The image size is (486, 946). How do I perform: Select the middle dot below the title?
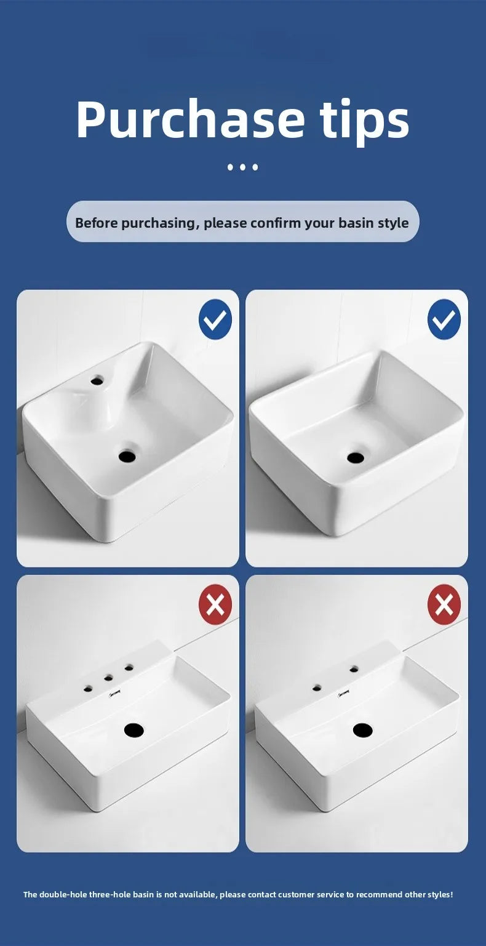[x=242, y=167]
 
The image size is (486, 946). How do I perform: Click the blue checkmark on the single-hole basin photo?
[x=215, y=319]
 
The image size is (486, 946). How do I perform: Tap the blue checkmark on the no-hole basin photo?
[x=444, y=319]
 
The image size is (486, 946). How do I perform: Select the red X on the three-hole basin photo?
[x=215, y=604]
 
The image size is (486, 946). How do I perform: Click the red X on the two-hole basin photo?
[x=444, y=604]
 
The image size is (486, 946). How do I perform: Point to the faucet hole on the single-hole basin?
[x=97, y=380]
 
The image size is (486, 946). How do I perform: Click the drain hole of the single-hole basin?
[x=127, y=456]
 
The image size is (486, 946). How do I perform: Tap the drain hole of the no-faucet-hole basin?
[x=356, y=457]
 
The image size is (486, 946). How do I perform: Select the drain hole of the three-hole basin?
[x=133, y=730]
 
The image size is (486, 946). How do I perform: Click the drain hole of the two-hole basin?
[x=362, y=730]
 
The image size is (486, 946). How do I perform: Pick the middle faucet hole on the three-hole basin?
[x=108, y=678]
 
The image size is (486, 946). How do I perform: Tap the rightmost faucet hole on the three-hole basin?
[x=129, y=668]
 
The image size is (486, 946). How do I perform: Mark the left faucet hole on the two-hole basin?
[x=317, y=687]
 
